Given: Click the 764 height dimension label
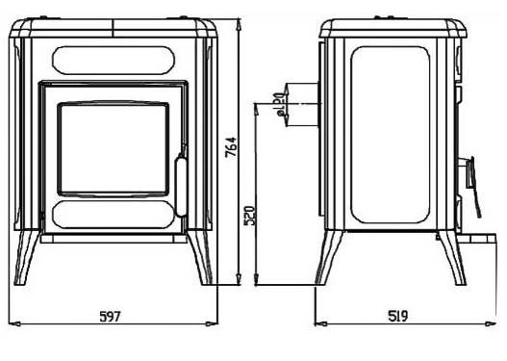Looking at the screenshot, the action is coord(231,147).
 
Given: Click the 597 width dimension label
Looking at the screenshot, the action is coord(111,317).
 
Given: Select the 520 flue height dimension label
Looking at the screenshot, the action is coord(250,215).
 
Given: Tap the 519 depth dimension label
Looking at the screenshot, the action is coord(398,316).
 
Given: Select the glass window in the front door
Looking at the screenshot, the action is coord(114,150).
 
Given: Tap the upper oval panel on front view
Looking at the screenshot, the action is coord(114,61).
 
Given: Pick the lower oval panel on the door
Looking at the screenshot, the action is coord(114,215).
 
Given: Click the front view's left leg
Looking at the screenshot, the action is coord(27,257).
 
